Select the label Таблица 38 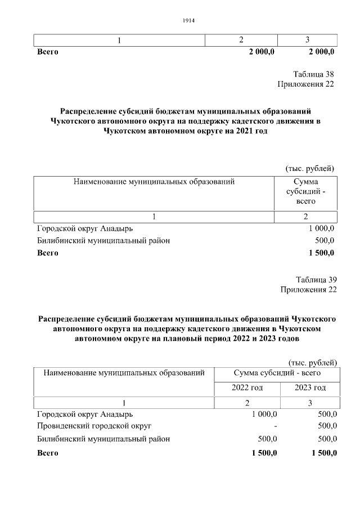pyautogui.click(x=314, y=74)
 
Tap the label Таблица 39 pyautogui.click(x=316, y=280)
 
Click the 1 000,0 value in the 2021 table pyautogui.click(x=321, y=228)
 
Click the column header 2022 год pyautogui.click(x=247, y=388)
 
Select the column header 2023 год pyautogui.click(x=310, y=388)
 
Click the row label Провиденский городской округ pyautogui.click(x=94, y=426)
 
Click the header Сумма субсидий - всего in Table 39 pyautogui.click(x=277, y=372)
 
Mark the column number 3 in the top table pyautogui.click(x=307, y=40)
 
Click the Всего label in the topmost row pyautogui.click(x=48, y=52)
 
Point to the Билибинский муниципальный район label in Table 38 pyautogui.click(x=103, y=241)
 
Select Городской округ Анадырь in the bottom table pyautogui.click(x=85, y=414)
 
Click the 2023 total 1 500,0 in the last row pyautogui.click(x=322, y=453)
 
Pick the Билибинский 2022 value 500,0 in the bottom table pyautogui.click(x=267, y=439)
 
